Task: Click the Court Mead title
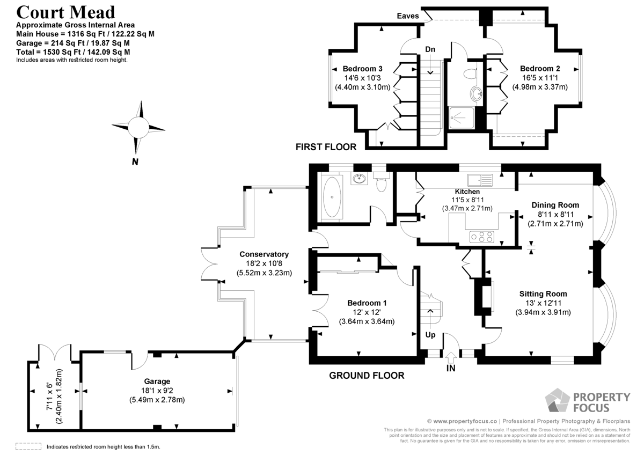[x=65, y=13]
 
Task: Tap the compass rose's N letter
[x=135, y=162]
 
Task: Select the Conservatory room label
[x=264, y=254]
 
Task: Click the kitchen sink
[x=480, y=180]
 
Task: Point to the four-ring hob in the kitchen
[x=481, y=237]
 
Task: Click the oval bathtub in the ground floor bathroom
[x=332, y=197]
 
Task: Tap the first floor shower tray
[x=461, y=118]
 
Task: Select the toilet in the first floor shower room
[x=470, y=74]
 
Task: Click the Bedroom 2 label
[x=540, y=69]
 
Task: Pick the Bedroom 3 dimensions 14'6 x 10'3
[x=362, y=78]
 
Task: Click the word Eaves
[x=408, y=16]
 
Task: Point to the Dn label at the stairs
[x=430, y=49]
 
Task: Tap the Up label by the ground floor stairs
[x=430, y=335]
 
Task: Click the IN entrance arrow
[x=451, y=358]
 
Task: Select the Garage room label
[x=157, y=381]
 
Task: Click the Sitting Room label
[x=543, y=294]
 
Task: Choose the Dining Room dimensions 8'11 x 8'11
[x=556, y=215]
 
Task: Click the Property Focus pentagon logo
[x=557, y=400]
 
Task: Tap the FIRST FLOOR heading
[x=326, y=147]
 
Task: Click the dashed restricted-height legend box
[x=28, y=446]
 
